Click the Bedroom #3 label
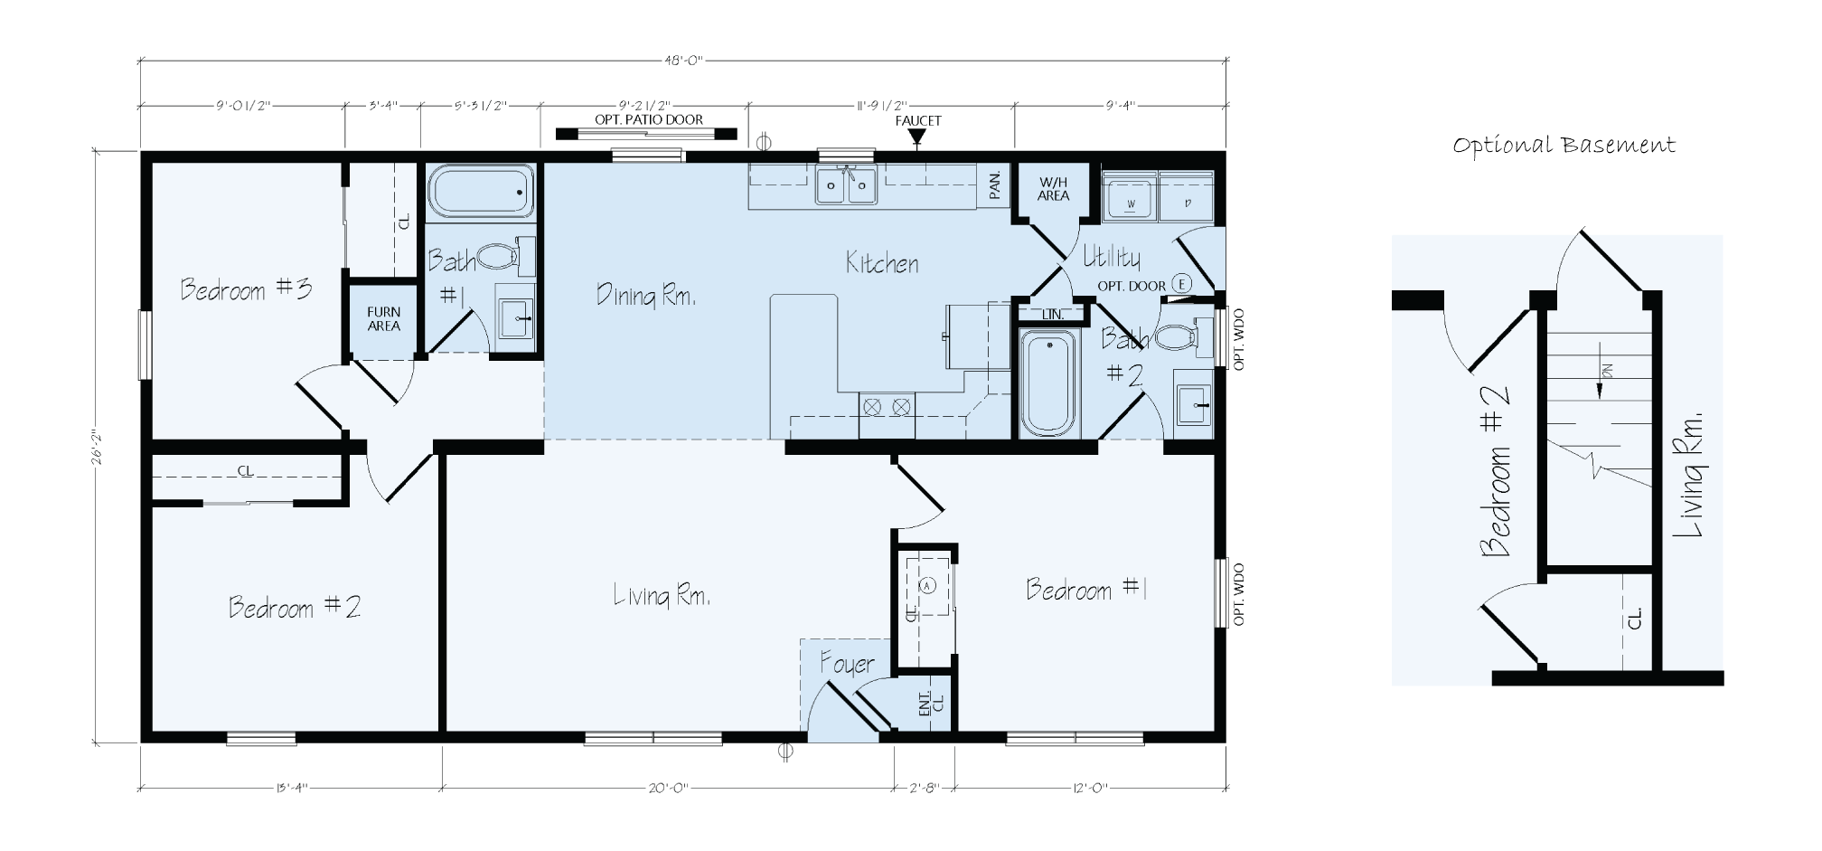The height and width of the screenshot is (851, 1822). coord(246,289)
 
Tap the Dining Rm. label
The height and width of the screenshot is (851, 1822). coord(645,295)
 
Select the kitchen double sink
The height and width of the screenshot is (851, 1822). coord(847,187)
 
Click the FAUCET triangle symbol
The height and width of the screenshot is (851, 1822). coord(917,137)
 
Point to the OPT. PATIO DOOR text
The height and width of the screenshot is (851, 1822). coord(648,119)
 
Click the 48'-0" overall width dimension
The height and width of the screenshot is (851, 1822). coord(683,61)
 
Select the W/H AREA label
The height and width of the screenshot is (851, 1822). coord(1053,189)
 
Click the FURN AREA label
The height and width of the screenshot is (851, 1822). coord(383,319)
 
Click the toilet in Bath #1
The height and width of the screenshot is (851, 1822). coord(498,257)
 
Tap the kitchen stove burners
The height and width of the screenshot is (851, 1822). coord(887,407)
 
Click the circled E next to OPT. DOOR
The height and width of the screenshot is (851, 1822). coord(1180,284)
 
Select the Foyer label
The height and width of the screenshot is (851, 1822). coord(847,665)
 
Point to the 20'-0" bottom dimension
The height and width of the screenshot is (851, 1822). coord(668,788)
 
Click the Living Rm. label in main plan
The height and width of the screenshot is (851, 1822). coord(662,596)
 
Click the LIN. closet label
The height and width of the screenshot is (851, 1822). coord(1052,315)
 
